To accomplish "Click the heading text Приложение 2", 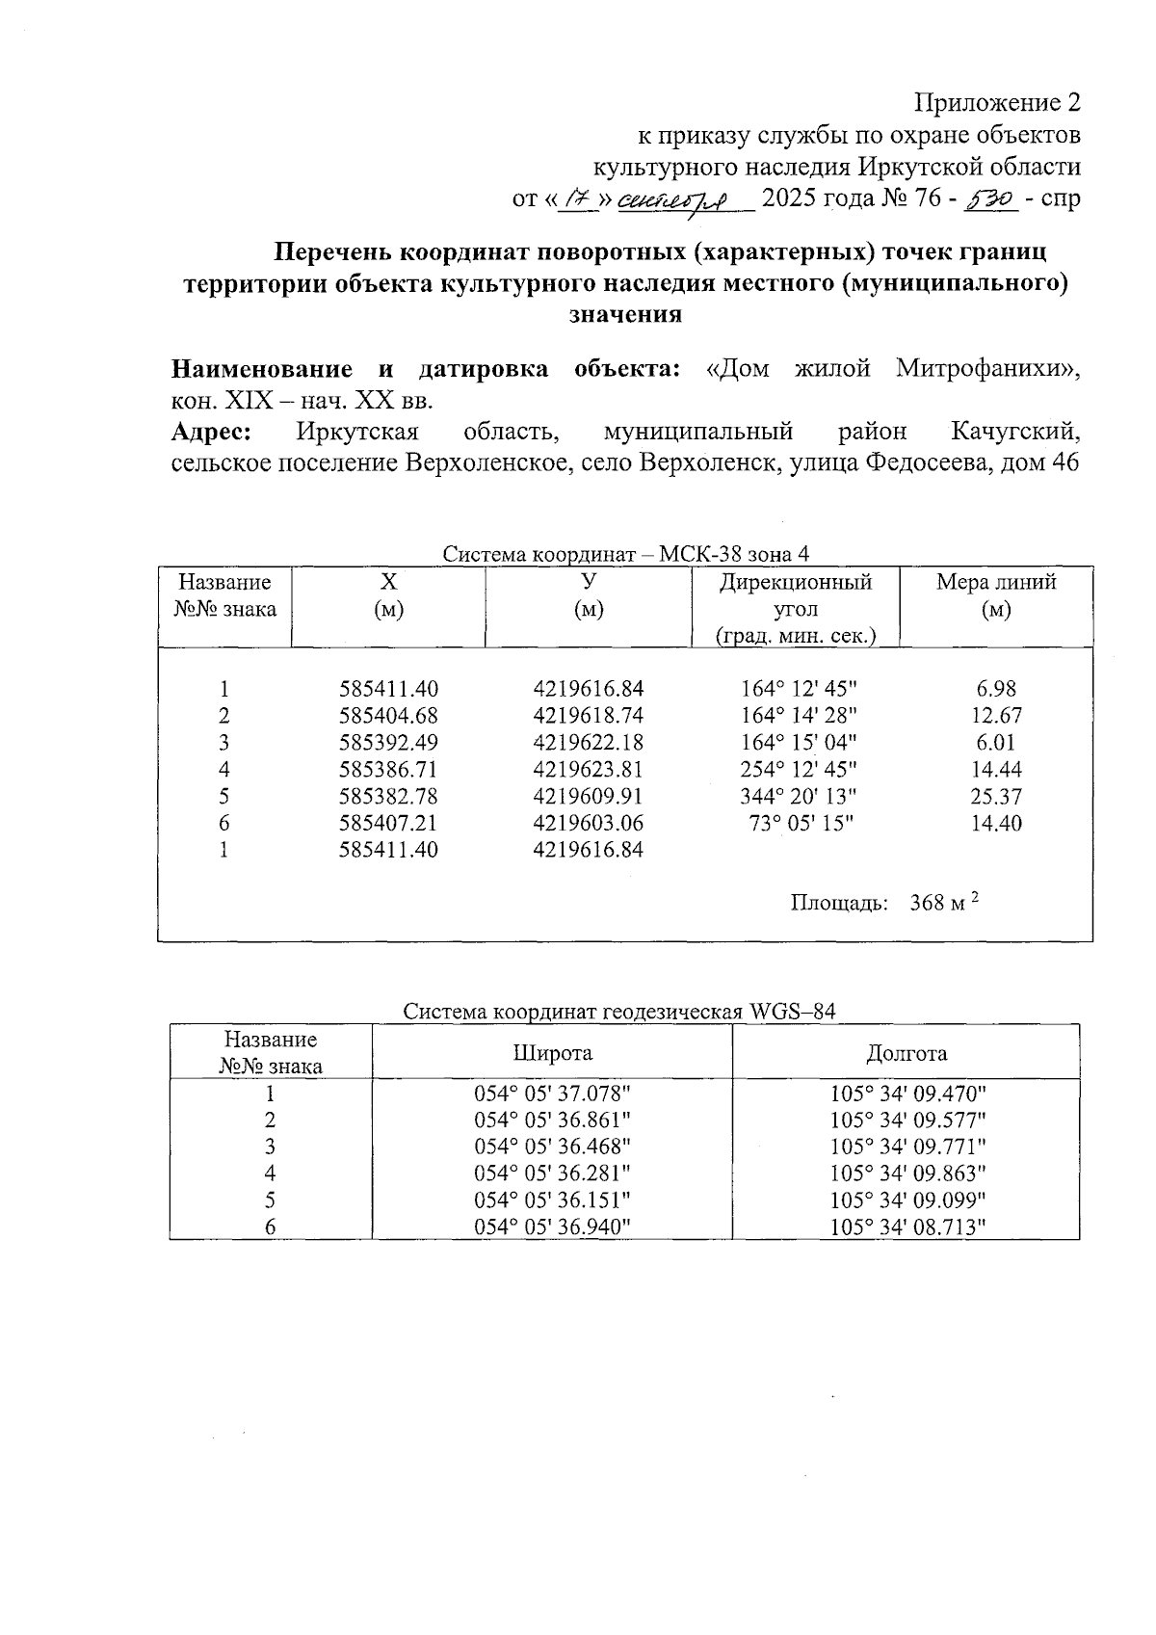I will pos(996,103).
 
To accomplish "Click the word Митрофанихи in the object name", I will pos(985,369).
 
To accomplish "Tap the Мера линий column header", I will pos(996,595).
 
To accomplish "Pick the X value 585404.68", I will pos(388,716).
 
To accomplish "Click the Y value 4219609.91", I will pos(588,797).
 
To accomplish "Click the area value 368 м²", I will pos(943,903).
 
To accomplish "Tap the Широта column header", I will pos(552,1053).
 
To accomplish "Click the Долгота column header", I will pos(906,1053).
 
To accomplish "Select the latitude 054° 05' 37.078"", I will pos(552,1094).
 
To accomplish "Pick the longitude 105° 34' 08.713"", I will pos(907,1227).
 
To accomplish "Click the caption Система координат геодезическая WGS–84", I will pos(618,1012).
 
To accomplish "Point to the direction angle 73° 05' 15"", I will pos(801,824).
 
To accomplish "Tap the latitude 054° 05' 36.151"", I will pos(552,1200).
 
